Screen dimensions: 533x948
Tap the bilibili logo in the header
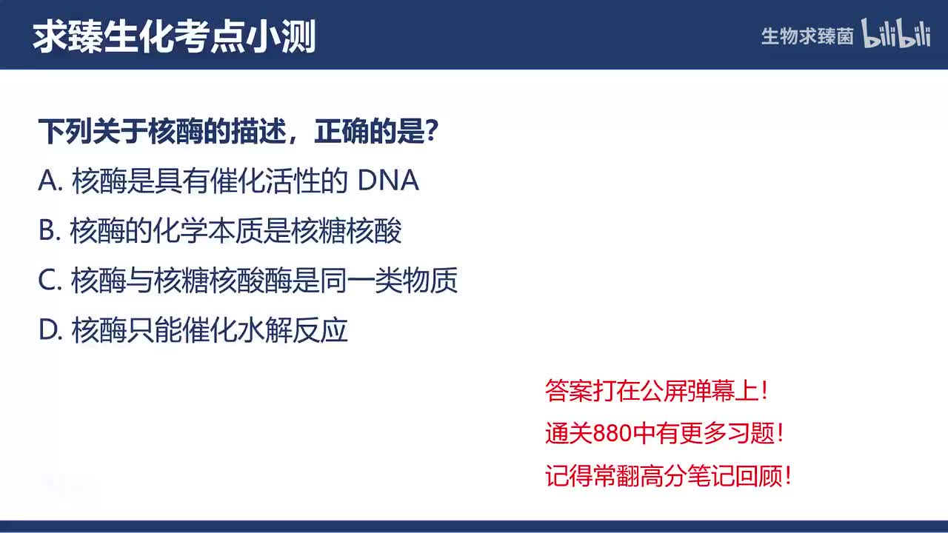[896, 34]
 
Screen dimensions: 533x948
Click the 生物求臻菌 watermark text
[807, 36]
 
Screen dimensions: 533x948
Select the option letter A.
[48, 181]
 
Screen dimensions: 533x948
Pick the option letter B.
[47, 231]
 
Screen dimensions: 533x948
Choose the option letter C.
[48, 281]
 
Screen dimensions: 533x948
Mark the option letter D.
[48, 330]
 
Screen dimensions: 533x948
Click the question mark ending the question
[435, 133]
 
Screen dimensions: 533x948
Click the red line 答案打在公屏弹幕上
[656, 391]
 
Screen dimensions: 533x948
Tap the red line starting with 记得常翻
[668, 475]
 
